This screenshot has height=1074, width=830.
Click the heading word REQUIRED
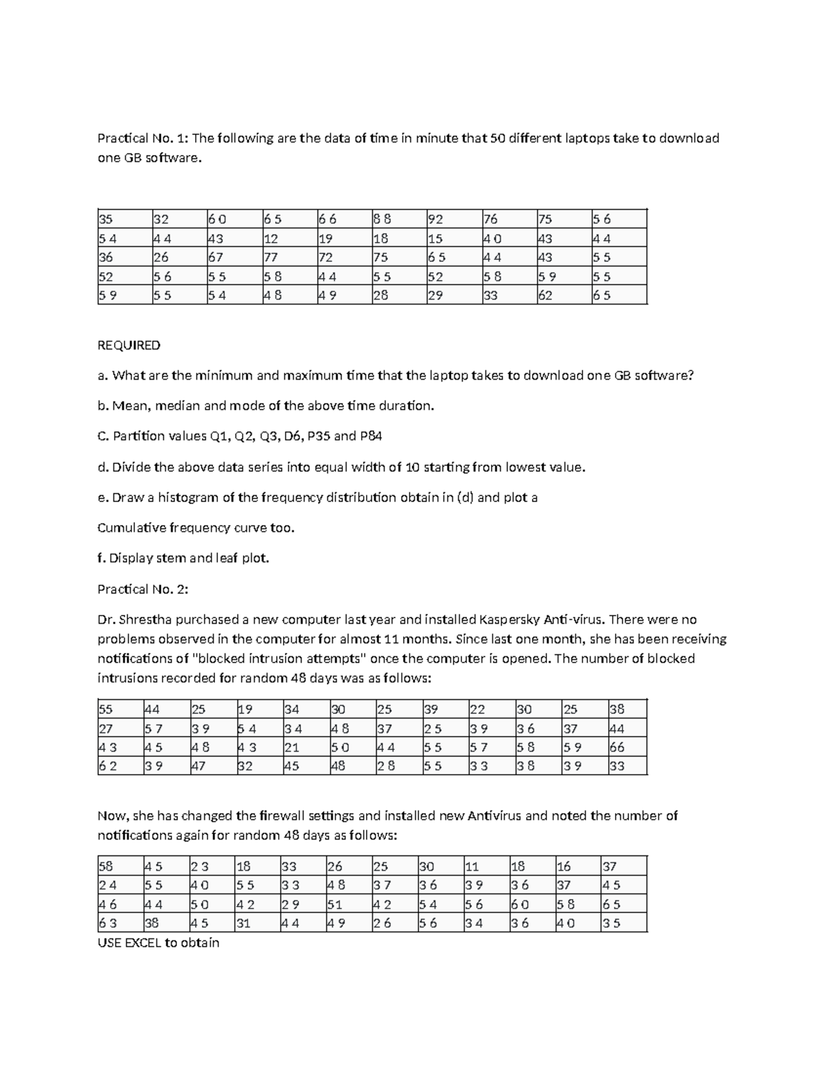pos(129,345)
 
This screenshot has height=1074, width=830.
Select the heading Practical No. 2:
pos(142,589)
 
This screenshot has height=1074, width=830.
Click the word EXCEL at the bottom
pos(142,943)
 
